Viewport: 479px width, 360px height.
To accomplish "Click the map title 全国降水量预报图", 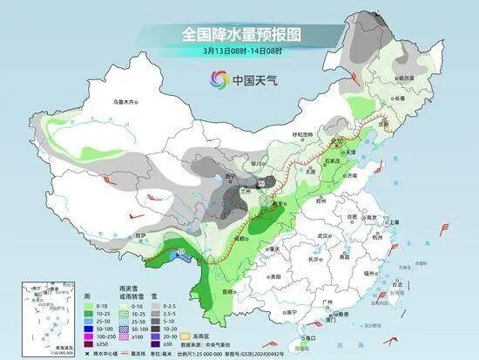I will pyautogui.click(x=239, y=34).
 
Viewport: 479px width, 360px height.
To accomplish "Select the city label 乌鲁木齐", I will pyautogui.click(x=125, y=102).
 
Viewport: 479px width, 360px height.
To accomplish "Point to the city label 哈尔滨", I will pyautogui.click(x=406, y=78).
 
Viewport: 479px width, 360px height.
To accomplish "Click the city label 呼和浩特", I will pyautogui.click(x=300, y=133).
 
